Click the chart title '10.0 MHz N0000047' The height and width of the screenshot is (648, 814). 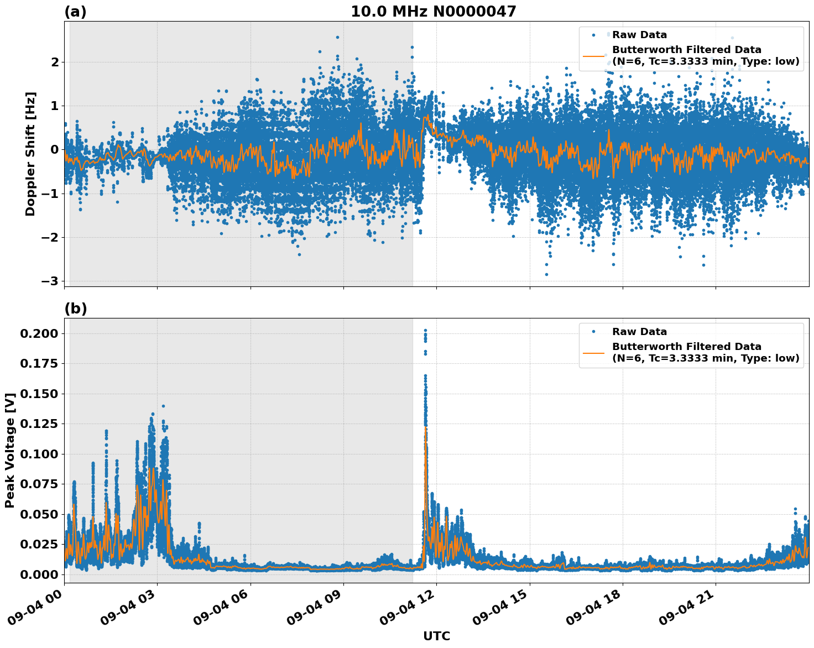[433, 12]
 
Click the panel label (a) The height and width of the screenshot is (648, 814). [75, 12]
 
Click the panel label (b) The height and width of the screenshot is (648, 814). [75, 309]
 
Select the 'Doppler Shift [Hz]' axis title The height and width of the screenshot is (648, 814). [30, 154]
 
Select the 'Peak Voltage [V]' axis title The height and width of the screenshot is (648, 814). [9, 450]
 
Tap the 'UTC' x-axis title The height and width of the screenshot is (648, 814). [436, 636]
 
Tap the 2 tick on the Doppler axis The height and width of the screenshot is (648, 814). [54, 62]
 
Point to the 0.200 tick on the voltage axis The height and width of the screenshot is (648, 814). [39, 333]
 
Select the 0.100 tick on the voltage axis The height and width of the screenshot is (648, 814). [39, 454]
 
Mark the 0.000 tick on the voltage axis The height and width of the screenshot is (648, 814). [39, 574]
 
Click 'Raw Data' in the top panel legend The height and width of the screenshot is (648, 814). [639, 35]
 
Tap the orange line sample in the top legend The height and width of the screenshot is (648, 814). [594, 56]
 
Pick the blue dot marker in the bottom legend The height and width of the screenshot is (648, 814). [594, 332]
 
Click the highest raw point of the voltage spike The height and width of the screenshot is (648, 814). [425, 330]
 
